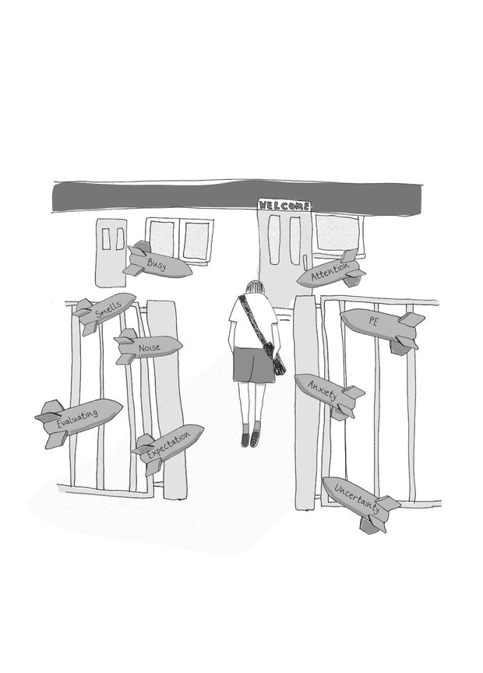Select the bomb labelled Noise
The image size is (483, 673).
coord(150,347)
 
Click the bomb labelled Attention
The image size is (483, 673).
coord(331,273)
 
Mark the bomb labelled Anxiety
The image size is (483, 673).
coord(325,392)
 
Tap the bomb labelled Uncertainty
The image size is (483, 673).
coord(357,499)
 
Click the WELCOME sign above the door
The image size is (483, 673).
coord(284,206)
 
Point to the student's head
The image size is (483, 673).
coord(256,290)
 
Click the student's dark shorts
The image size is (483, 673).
coord(253,365)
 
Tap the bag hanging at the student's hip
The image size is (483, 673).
coord(277,363)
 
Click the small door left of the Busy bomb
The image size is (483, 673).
coord(111,252)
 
